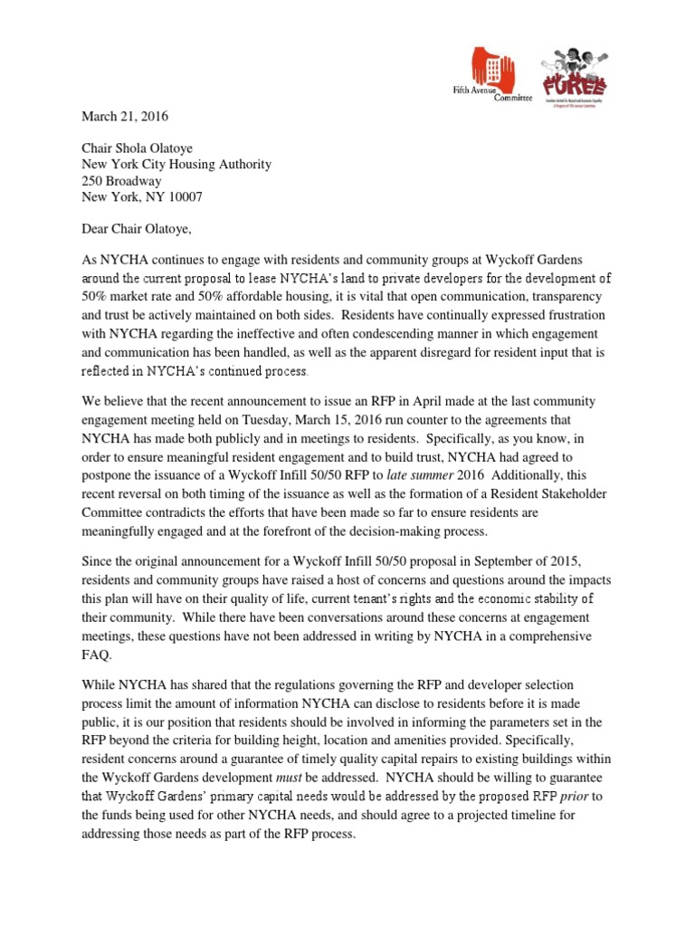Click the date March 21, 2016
point(125,117)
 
